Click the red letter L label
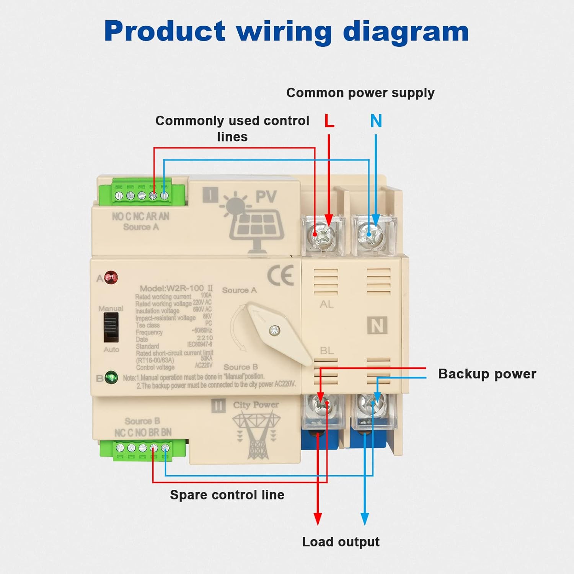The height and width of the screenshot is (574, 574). [329, 121]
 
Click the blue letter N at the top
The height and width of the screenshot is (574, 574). [376, 121]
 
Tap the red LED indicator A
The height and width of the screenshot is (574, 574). [111, 277]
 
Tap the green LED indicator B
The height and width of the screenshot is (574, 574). [111, 378]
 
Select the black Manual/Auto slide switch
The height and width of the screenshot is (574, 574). [111, 327]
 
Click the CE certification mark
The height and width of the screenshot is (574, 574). [280, 276]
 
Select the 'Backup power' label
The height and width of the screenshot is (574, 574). [487, 374]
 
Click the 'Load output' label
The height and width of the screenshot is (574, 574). [341, 542]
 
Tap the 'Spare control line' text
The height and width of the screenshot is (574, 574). [227, 495]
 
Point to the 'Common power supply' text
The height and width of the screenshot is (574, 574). [360, 93]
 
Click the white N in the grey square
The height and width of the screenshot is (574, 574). [377, 326]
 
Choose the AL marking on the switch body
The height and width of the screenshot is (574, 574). [326, 304]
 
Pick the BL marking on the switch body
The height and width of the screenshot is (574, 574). [326, 351]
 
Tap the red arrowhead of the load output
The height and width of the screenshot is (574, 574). [318, 519]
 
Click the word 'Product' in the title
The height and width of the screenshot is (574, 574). [165, 31]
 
